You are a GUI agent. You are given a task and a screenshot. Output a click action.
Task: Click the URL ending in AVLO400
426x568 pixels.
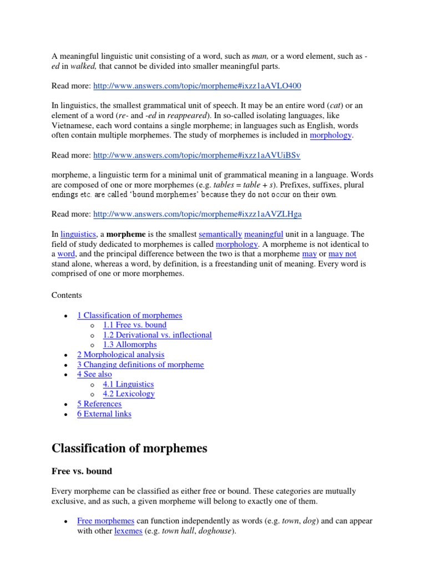(x=197, y=86)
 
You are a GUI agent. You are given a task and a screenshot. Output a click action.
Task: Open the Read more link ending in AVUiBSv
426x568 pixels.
(x=197, y=155)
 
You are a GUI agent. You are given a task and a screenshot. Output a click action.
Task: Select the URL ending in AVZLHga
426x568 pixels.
(x=197, y=214)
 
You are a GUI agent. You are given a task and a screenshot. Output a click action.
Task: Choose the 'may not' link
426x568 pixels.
(x=342, y=253)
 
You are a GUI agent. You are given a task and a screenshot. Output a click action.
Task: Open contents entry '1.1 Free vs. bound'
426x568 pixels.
(x=134, y=325)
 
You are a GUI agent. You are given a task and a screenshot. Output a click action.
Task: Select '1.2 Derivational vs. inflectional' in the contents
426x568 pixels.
(x=157, y=335)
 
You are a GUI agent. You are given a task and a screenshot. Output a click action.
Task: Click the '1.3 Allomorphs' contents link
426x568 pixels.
(x=130, y=344)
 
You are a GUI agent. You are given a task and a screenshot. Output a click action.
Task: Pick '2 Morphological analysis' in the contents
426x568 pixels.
(x=120, y=354)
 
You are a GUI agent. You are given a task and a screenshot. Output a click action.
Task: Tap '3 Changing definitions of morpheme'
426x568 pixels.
(x=140, y=364)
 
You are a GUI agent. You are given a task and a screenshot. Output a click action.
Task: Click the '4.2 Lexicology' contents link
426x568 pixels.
(x=129, y=394)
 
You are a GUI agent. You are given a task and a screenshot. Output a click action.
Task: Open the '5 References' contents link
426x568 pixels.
(x=99, y=404)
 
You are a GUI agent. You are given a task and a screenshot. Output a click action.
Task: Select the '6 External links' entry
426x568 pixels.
(x=104, y=414)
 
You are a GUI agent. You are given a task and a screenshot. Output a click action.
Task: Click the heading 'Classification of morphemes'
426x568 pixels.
(x=129, y=448)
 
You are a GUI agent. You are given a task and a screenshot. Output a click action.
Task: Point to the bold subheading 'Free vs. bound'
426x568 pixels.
(x=82, y=471)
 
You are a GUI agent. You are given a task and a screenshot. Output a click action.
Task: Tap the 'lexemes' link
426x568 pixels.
(x=128, y=531)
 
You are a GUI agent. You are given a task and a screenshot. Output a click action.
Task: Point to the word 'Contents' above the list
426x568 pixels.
(x=67, y=295)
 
